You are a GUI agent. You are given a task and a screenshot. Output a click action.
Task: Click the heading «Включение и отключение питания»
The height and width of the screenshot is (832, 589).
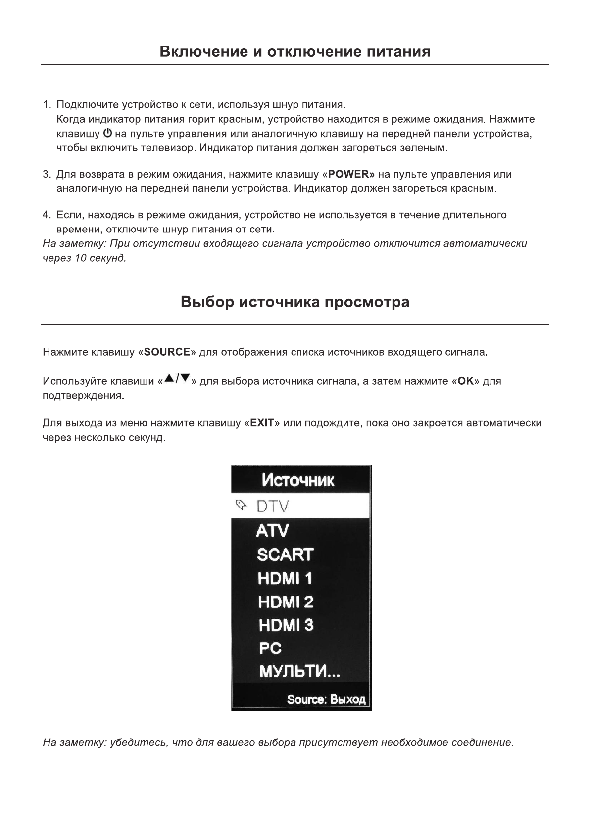294,52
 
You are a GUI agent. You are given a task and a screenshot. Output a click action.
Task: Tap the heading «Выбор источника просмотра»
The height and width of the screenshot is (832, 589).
294,302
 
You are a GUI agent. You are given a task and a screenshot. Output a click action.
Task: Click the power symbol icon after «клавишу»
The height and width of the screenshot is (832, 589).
107,134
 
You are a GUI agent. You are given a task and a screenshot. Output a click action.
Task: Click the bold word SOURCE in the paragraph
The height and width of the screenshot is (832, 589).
167,352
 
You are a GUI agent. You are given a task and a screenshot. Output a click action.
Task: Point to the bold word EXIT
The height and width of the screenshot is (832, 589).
262,423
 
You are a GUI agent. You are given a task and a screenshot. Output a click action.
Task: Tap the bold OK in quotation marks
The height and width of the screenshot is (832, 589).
466,381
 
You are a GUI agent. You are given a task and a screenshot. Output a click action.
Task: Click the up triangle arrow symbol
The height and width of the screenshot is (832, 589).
169,379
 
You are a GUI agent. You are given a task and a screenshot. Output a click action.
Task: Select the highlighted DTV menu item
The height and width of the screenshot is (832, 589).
272,507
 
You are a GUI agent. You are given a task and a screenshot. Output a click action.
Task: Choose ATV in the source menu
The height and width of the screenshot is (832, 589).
272,531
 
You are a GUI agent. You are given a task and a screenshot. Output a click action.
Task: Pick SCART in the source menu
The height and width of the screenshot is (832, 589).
285,555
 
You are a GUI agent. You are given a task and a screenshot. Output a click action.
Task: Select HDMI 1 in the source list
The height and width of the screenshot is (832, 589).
285,578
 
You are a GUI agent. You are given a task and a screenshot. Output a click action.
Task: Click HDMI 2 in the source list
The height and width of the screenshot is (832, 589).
286,602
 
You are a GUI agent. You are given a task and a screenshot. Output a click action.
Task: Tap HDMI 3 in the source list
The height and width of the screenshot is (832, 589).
286,625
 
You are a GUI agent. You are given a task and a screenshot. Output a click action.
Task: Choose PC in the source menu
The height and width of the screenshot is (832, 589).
270,648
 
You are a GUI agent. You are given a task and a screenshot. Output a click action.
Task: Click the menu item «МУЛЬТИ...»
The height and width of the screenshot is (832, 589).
299,672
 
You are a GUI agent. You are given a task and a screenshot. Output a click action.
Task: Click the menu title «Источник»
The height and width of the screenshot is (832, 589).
298,480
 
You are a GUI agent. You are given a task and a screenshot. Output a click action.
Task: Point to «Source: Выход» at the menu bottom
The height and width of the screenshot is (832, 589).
326,700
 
